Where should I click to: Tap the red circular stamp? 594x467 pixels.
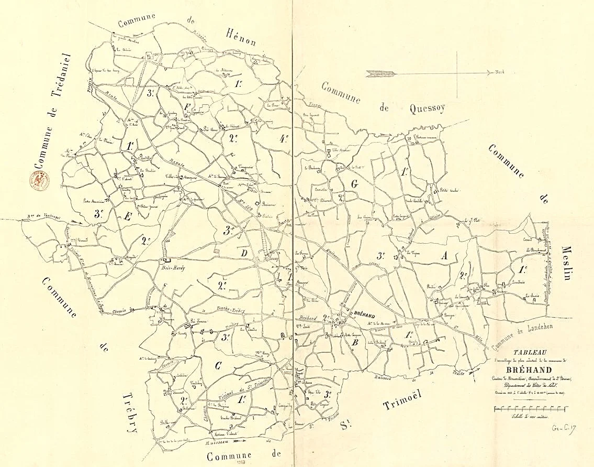[39, 182]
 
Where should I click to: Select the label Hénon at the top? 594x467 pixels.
[241, 37]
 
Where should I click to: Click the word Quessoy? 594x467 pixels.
[422, 108]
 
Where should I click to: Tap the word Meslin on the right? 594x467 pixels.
[567, 263]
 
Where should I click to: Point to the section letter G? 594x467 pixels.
[354, 184]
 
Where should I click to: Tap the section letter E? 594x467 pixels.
[127, 216]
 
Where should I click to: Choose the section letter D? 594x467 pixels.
[243, 253]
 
